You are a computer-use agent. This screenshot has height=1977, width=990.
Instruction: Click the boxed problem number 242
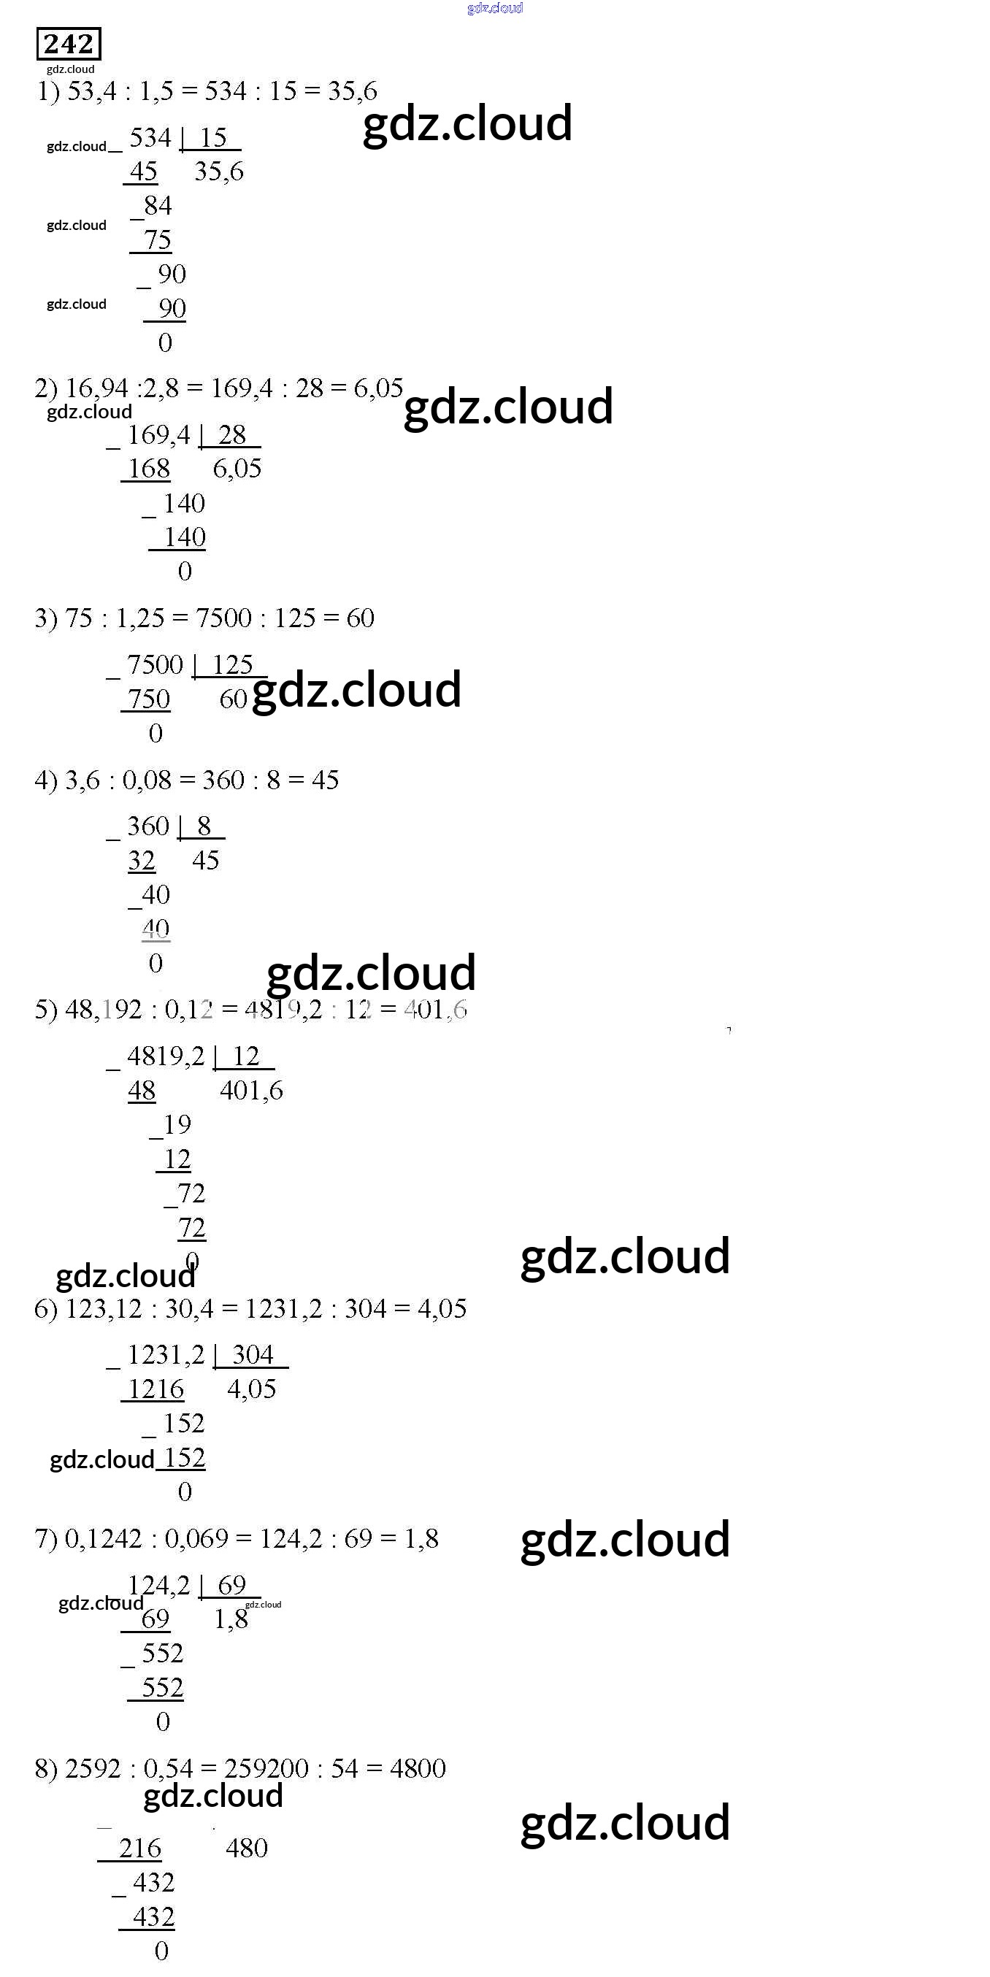coord(69,44)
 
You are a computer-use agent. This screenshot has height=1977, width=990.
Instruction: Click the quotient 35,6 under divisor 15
coord(219,171)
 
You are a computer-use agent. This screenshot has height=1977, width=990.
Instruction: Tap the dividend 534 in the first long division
coord(150,137)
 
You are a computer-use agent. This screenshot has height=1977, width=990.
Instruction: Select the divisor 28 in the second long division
coord(231,434)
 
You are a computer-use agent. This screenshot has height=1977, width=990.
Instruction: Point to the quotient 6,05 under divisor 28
coord(237,468)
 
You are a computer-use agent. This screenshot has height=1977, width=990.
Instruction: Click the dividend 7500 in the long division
coord(155,664)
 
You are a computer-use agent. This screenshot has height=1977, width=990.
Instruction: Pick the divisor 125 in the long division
coord(233,664)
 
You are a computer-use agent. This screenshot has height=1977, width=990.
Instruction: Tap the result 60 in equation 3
coord(360,618)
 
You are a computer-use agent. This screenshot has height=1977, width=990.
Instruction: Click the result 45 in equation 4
coord(325,780)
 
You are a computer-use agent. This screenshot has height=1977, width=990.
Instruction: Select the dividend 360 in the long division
coord(147,826)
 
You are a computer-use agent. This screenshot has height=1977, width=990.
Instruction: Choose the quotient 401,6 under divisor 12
coord(251,1090)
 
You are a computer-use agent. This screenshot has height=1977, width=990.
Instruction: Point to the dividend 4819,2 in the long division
coord(166,1056)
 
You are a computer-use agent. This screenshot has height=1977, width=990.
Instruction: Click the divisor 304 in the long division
coord(253,1354)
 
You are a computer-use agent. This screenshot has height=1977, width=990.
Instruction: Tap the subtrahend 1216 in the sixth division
coord(156,1389)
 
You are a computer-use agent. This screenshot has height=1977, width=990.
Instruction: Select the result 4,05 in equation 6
coord(441,1308)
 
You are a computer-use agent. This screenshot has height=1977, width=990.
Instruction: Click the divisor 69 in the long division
coord(231,1585)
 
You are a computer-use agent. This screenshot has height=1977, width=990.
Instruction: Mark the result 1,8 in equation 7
coord(421,1539)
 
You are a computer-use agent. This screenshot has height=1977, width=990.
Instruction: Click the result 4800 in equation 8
coord(418,1768)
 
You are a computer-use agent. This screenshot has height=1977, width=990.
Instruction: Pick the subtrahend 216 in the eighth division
coord(139,1849)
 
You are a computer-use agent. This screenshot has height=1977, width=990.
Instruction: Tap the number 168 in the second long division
coord(149,468)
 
